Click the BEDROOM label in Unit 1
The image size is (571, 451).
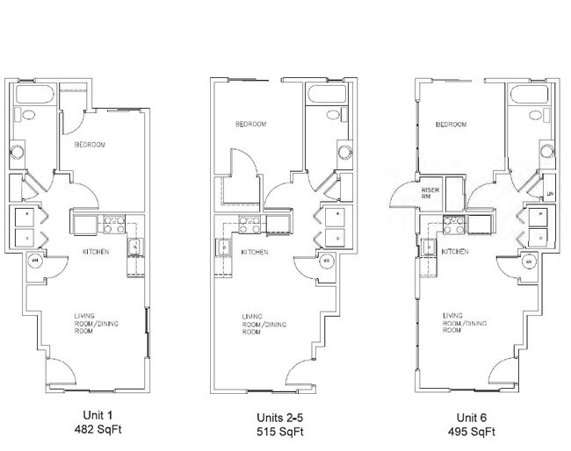(x=90, y=144)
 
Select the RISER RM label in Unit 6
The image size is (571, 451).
(x=430, y=193)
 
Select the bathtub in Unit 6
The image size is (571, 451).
(x=530, y=94)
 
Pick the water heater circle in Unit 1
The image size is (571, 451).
(x=36, y=261)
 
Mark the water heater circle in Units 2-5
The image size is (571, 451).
(x=325, y=261)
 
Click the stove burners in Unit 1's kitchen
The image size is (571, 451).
(x=112, y=226)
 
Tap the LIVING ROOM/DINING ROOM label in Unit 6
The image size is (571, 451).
(x=465, y=322)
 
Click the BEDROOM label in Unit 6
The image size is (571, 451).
(x=452, y=125)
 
